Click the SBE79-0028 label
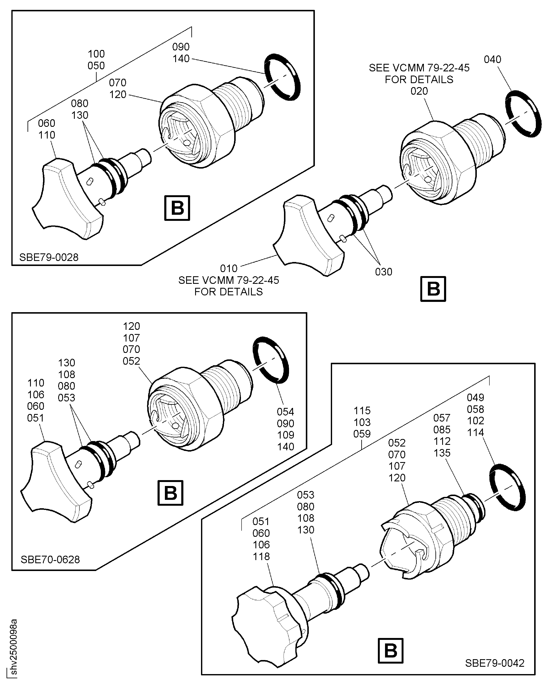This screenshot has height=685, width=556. [49, 257]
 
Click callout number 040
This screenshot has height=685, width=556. [493, 60]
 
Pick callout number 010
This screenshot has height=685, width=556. [229, 268]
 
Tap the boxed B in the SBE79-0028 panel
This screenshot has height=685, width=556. [177, 208]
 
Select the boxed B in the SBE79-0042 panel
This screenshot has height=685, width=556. [390, 651]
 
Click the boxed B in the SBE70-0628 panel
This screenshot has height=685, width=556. [170, 493]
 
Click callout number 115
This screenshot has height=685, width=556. [362, 411]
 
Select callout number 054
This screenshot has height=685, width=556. [285, 412]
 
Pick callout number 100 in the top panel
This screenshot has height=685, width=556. [96, 54]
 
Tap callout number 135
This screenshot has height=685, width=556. [442, 453]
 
